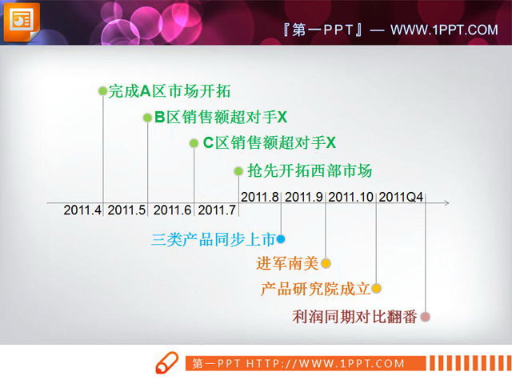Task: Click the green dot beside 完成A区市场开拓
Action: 102,91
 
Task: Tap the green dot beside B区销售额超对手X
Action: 147,118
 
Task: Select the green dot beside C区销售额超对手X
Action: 194,143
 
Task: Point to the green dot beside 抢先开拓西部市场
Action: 238,170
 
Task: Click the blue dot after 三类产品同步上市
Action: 281,238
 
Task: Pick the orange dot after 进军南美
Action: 326,262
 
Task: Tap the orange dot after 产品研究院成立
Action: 377,288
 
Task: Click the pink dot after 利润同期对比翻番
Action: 426,316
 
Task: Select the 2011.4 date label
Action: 83,210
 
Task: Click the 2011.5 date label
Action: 127,210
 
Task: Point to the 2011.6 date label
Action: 173,210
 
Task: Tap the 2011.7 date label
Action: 217,210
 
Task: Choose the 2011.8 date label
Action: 260,196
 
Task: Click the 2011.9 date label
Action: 304,196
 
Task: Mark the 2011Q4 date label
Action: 401,196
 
